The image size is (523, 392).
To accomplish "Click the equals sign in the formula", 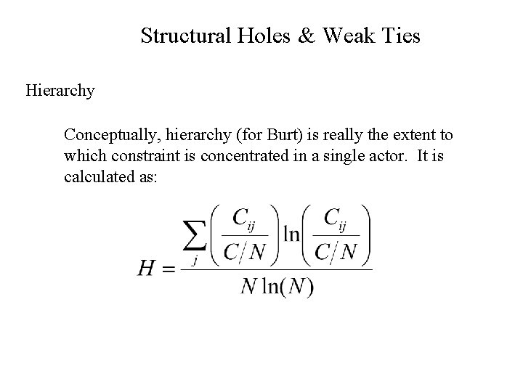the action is click(168, 269).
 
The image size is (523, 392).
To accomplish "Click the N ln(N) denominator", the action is click(276, 287).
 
